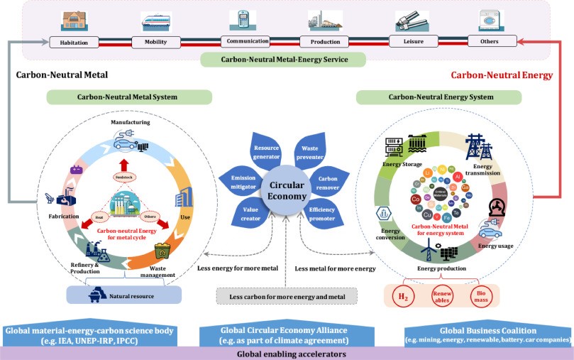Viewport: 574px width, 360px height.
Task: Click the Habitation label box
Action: tap(74, 43)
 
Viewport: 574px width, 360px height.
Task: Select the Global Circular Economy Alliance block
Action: tap(287, 335)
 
